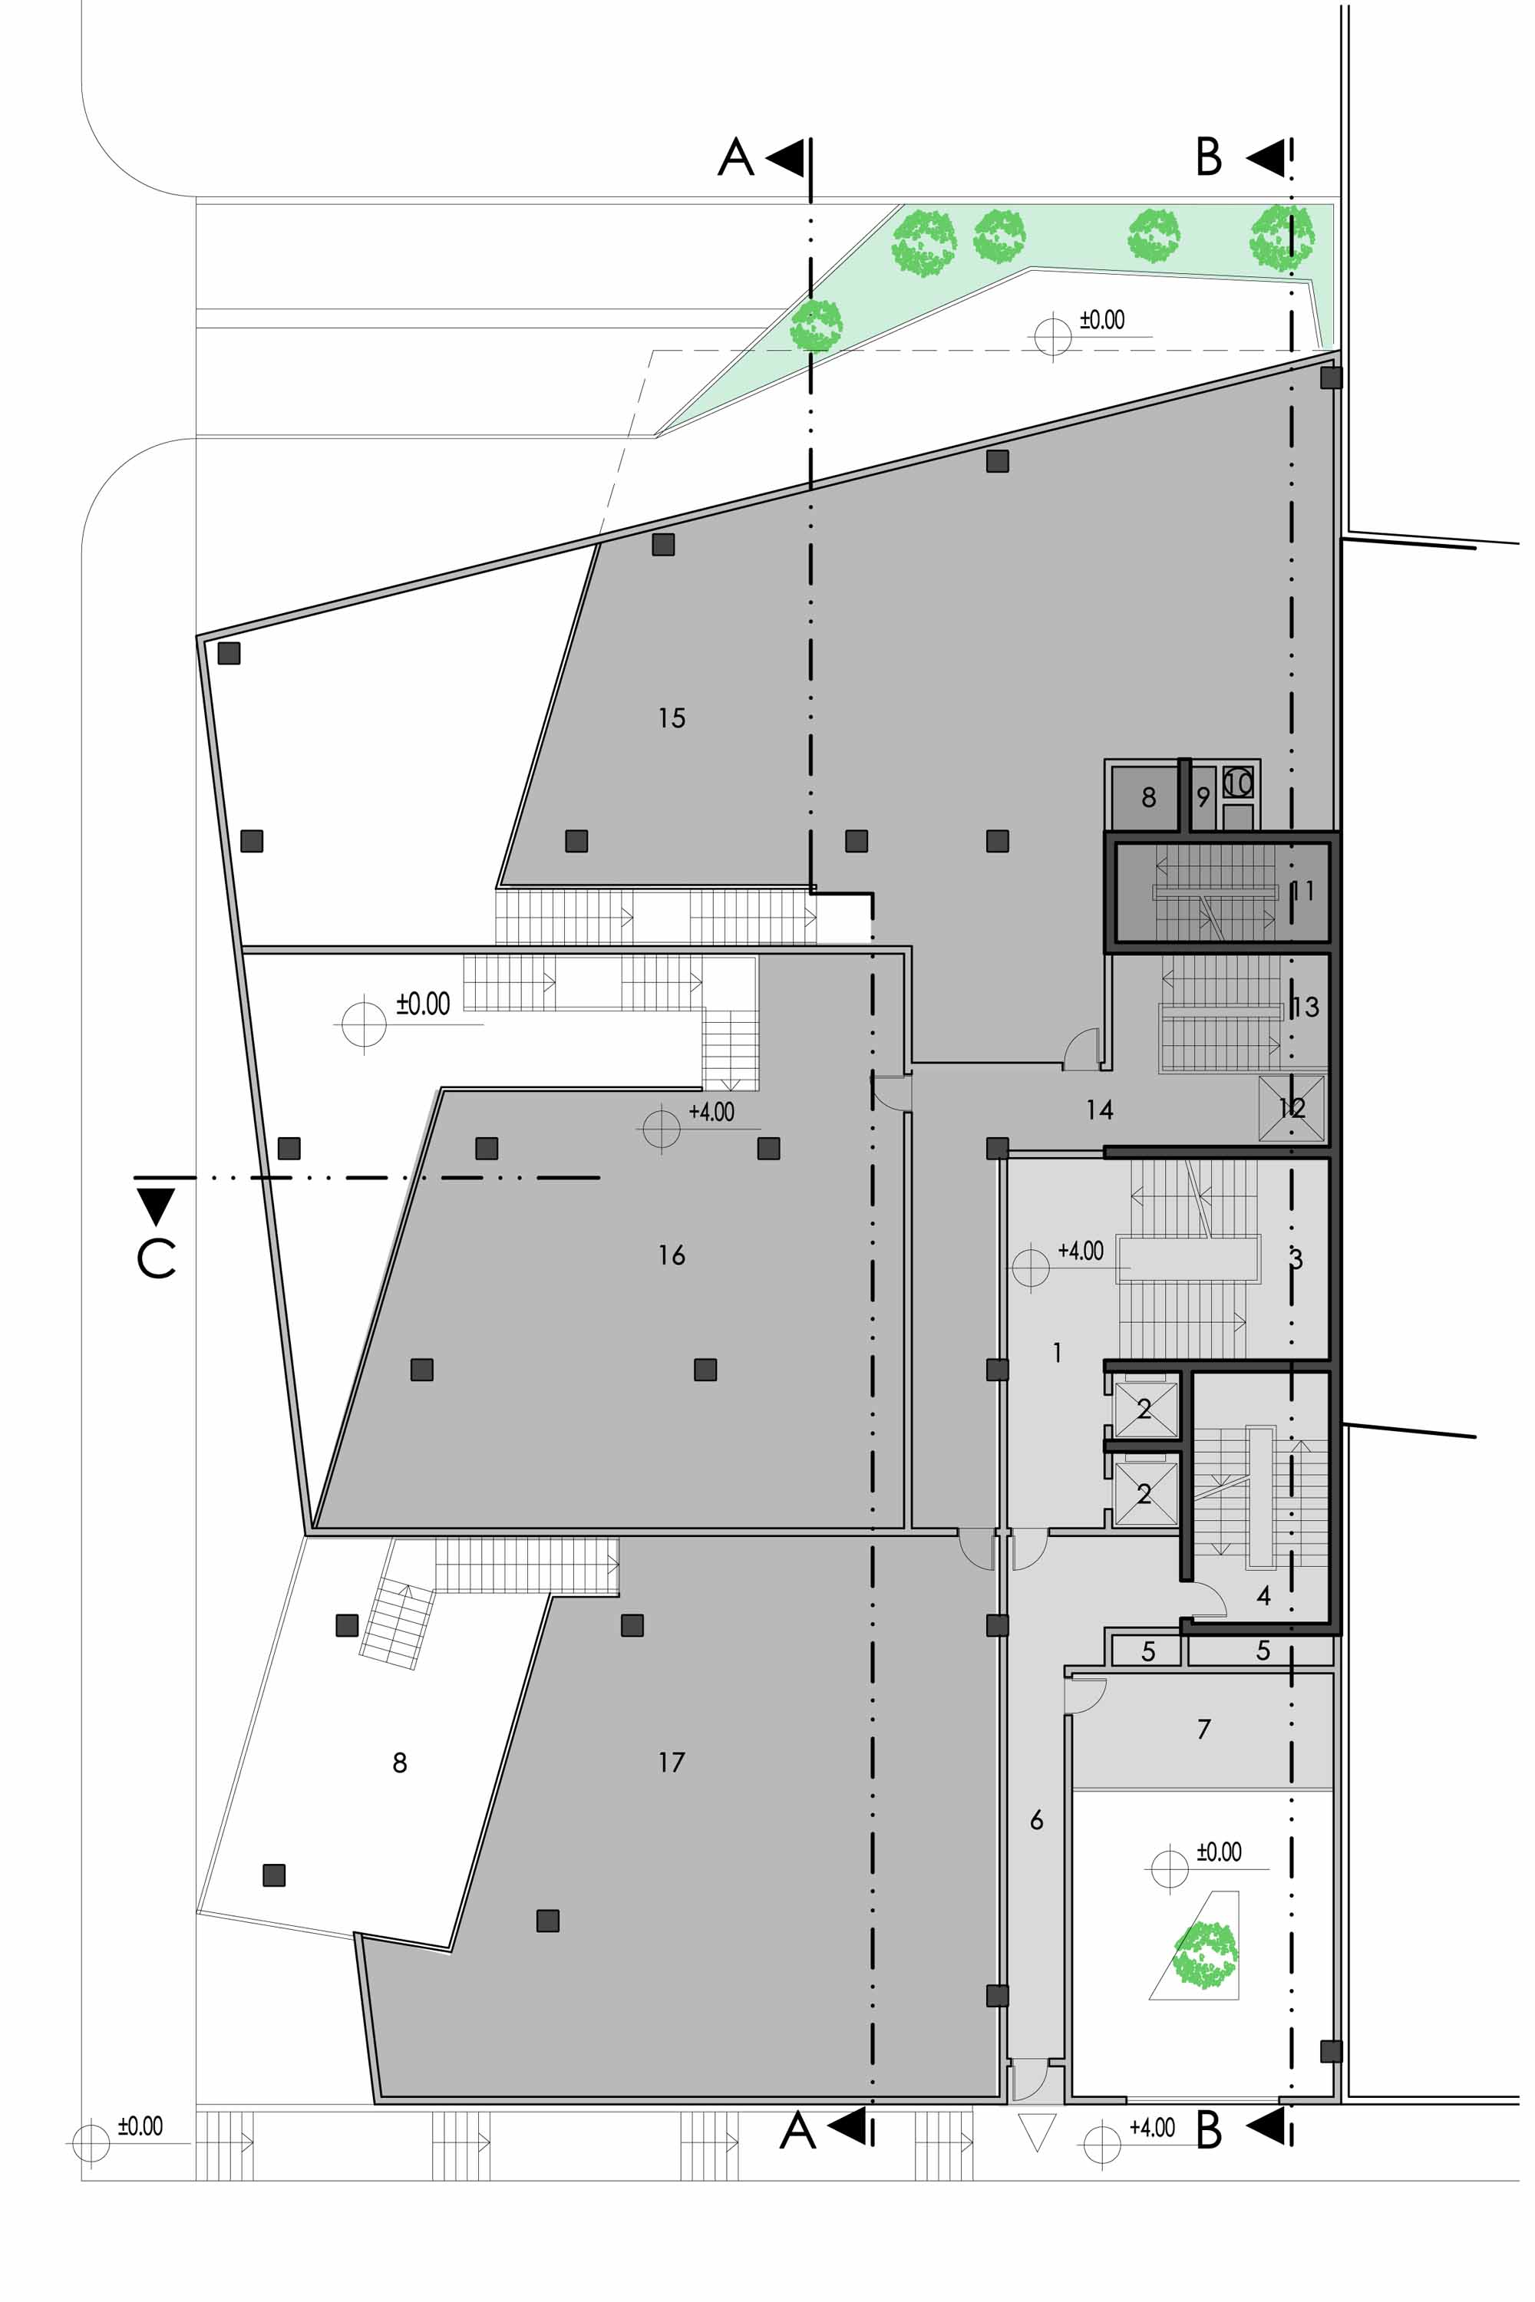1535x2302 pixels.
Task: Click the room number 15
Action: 672,718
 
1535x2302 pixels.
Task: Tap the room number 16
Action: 672,1255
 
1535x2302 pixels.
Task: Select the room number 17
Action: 672,1762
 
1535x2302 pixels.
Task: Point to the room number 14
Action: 1099,1109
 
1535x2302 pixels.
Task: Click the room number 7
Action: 1204,1730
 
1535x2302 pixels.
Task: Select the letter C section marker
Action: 157,1258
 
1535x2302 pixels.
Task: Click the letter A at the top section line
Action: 736,157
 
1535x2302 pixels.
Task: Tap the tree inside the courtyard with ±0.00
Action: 1206,1954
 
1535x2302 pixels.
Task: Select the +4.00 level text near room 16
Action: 711,1112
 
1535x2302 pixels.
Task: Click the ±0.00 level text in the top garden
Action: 1102,320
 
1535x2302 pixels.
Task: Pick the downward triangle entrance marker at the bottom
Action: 1037,2132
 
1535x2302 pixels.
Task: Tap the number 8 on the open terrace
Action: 399,1763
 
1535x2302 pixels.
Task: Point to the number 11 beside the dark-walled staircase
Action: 1302,891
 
